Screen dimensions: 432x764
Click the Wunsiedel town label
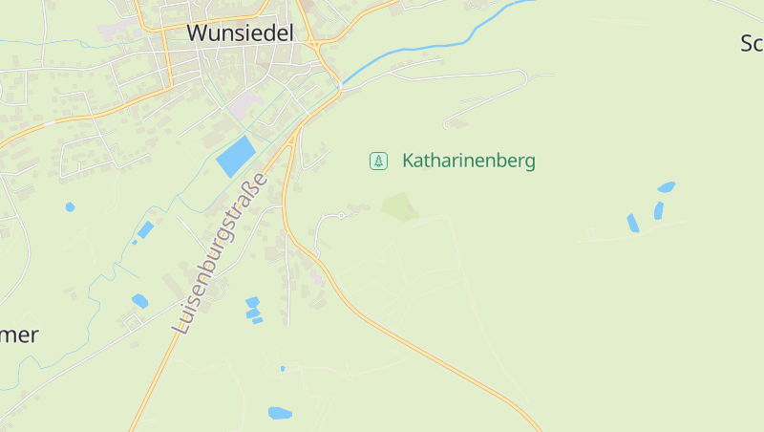pyautogui.click(x=240, y=32)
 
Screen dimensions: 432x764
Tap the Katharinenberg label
pyautogui.click(x=468, y=161)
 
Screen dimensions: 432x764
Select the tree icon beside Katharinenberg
pyautogui.click(x=379, y=161)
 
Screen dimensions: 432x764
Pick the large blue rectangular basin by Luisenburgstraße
pyautogui.click(x=237, y=155)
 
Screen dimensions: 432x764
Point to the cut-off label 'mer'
pyautogui.click(x=19, y=335)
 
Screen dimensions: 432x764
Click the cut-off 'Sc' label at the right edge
pyautogui.click(x=752, y=43)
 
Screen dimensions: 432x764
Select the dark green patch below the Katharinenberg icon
pyautogui.click(x=400, y=206)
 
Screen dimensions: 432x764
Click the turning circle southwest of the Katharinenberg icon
pyautogui.click(x=341, y=216)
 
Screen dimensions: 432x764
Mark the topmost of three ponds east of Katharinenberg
pyautogui.click(x=666, y=187)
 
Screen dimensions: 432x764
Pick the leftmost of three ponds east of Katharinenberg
pyautogui.click(x=632, y=223)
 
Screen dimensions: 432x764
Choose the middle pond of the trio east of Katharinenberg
pyautogui.click(x=658, y=209)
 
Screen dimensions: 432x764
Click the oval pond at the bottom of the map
pyautogui.click(x=280, y=413)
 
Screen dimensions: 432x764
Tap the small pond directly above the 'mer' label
pyautogui.click(x=139, y=301)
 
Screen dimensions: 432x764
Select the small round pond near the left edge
pyautogui.click(x=70, y=206)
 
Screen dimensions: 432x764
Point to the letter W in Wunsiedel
pyautogui.click(x=197, y=32)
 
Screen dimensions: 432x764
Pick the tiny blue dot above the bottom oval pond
pyautogui.click(x=283, y=368)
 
